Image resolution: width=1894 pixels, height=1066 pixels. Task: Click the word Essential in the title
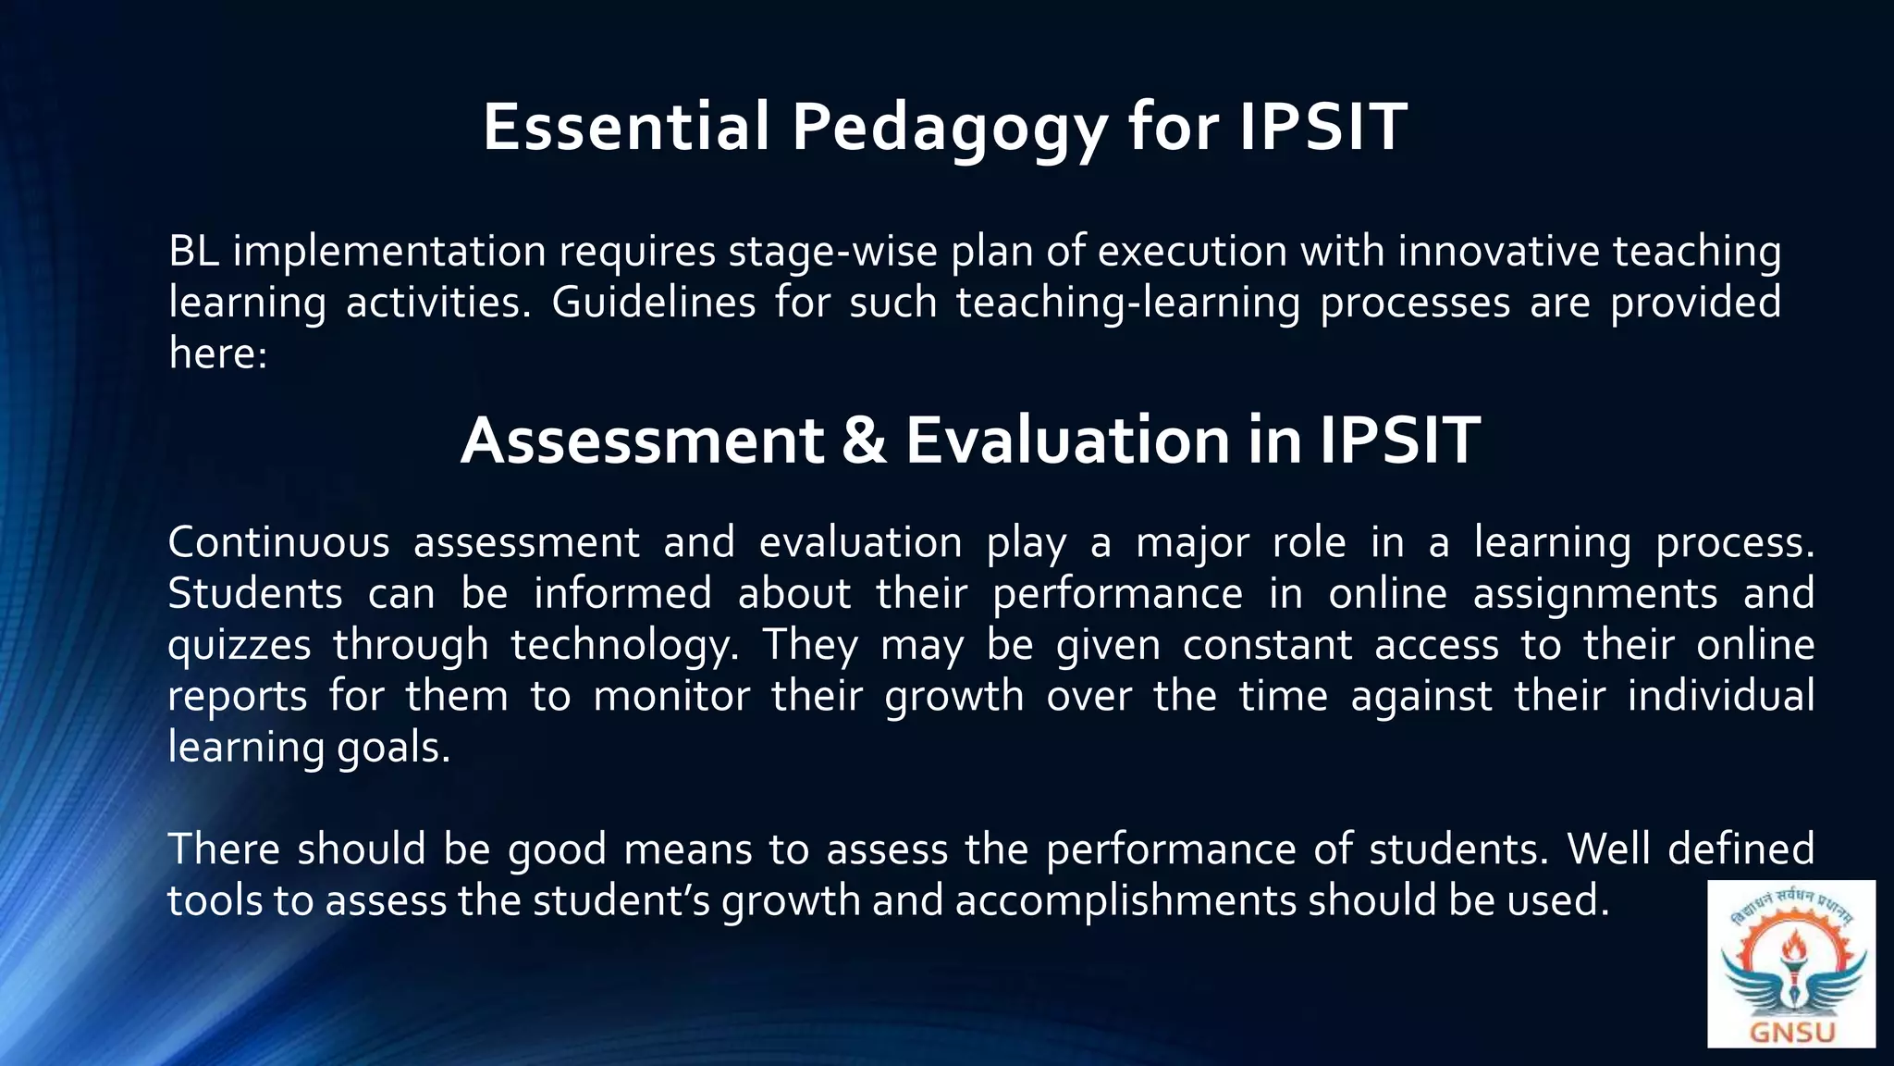click(x=626, y=127)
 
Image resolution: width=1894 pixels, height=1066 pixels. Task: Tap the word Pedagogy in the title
click(x=949, y=129)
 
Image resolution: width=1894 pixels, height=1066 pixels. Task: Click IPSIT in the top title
click(x=1322, y=127)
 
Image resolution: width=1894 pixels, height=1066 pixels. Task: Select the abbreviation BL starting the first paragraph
click(x=193, y=252)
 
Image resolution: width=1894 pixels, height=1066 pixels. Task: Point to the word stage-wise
click(x=831, y=252)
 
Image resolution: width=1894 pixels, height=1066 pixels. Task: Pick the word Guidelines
click(x=653, y=303)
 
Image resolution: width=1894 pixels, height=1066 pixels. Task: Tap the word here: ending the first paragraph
click(x=217, y=353)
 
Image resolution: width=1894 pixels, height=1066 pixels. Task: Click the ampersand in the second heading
click(x=864, y=440)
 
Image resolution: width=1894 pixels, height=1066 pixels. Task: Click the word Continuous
click(x=278, y=542)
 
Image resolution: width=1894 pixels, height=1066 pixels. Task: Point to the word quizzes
click(x=240, y=645)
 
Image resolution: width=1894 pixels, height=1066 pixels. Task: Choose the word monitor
click(x=671, y=696)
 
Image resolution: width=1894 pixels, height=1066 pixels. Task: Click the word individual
click(x=1721, y=696)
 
